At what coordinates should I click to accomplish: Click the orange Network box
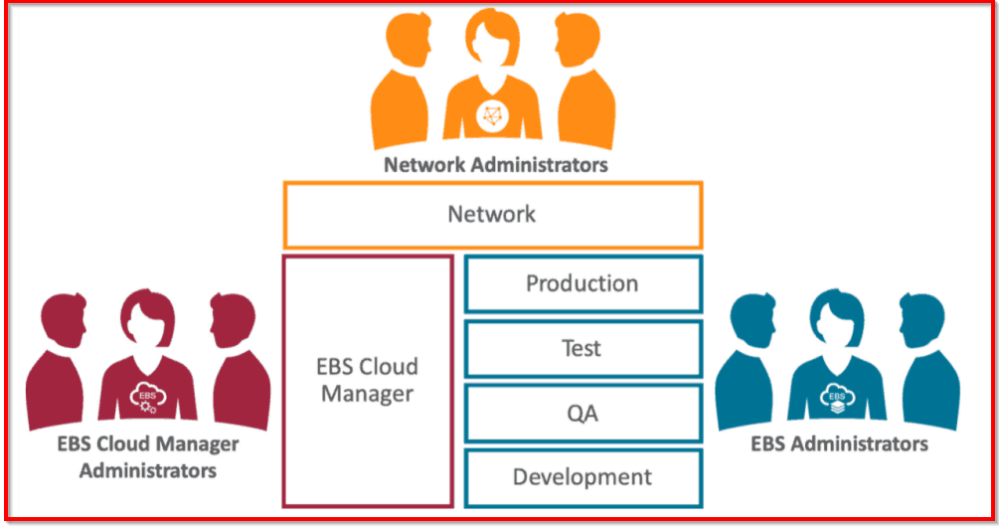pyautogui.click(x=492, y=214)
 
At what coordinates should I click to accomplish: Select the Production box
pyautogui.click(x=583, y=283)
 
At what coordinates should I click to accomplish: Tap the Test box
pyautogui.click(x=583, y=348)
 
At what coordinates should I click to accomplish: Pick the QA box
pyautogui.click(x=583, y=413)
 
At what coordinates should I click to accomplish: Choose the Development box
pyautogui.click(x=583, y=477)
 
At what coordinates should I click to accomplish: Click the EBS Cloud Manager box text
pyautogui.click(x=368, y=381)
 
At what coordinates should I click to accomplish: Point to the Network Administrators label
pyautogui.click(x=496, y=164)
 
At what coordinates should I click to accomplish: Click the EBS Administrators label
pyautogui.click(x=839, y=443)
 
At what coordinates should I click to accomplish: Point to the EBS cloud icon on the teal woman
pyautogui.click(x=835, y=396)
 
